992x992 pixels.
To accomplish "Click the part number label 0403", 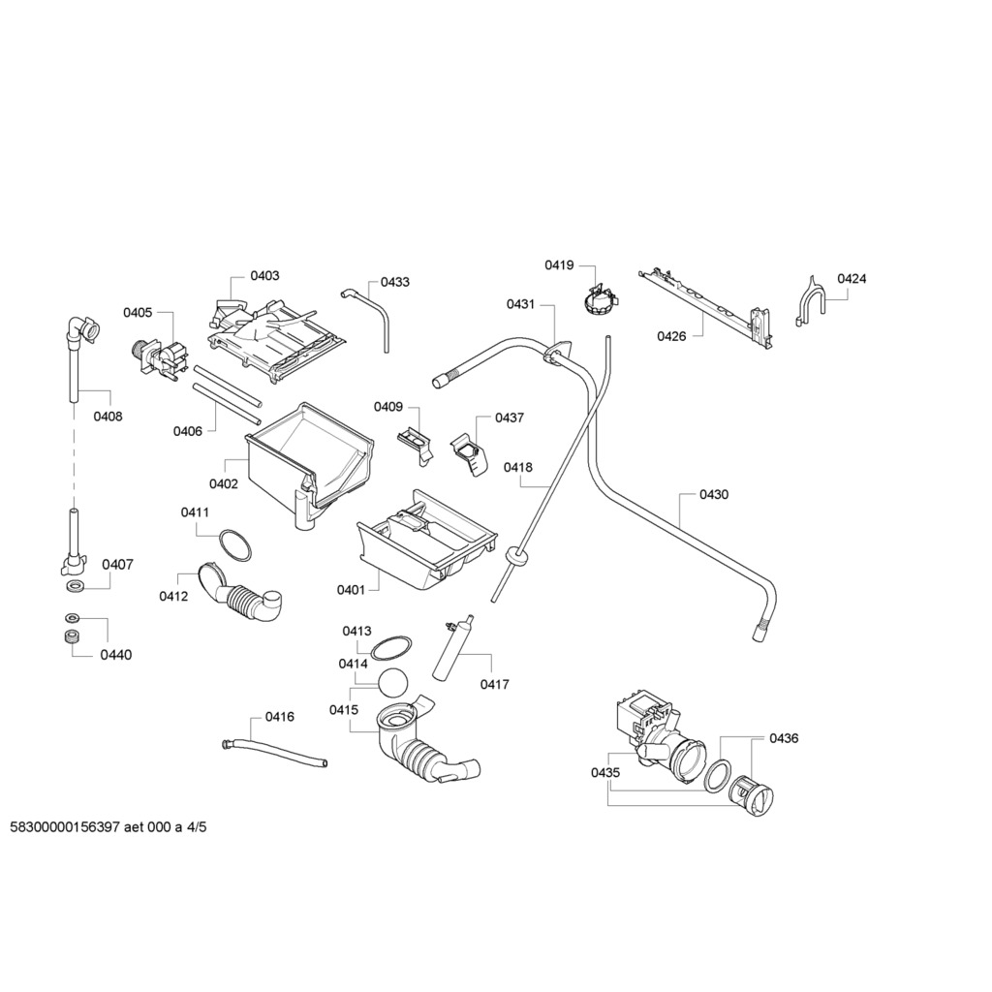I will pyautogui.click(x=264, y=276).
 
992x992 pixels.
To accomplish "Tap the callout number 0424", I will pyautogui.click(x=852, y=279).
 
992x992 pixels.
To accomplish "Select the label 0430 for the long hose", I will pyautogui.click(x=714, y=495).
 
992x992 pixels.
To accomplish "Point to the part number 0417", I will pyautogui.click(x=494, y=685).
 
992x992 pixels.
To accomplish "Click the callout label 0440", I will pyautogui.click(x=115, y=655).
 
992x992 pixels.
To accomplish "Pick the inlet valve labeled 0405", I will pyautogui.click(x=159, y=358).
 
